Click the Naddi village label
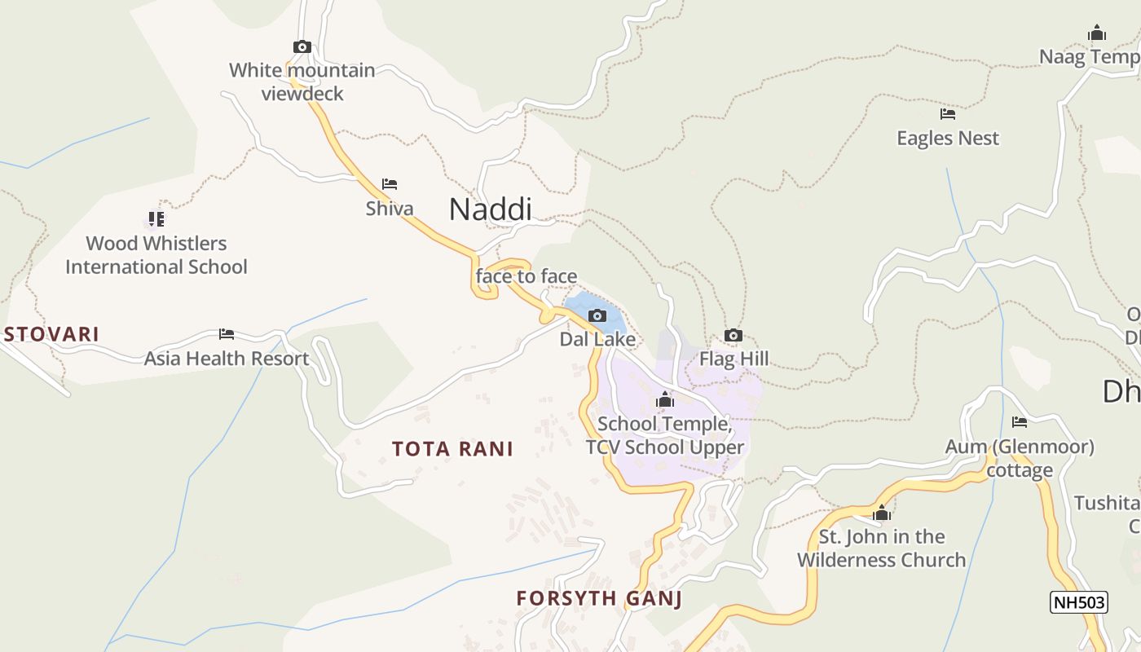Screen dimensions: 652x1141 pyautogui.click(x=490, y=209)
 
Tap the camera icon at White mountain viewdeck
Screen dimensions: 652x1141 pyautogui.click(x=302, y=47)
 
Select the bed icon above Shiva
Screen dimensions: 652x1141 pyautogui.click(x=390, y=184)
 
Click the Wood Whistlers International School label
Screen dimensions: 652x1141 pyautogui.click(x=156, y=255)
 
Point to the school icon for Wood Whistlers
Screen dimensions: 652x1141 pyautogui.click(x=156, y=218)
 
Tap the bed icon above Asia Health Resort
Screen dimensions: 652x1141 pyautogui.click(x=227, y=334)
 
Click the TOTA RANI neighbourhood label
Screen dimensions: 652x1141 pyautogui.click(x=452, y=449)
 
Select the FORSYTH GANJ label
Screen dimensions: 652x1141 pyautogui.click(x=599, y=599)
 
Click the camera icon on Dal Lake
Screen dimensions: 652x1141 pyautogui.click(x=597, y=316)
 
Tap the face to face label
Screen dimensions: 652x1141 pyautogui.click(x=526, y=276)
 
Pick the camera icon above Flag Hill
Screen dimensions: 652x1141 pyautogui.click(x=733, y=336)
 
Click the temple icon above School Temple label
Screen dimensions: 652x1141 pyautogui.click(x=665, y=400)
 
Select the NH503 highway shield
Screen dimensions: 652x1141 pyautogui.click(x=1079, y=602)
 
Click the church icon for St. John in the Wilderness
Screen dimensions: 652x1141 pyautogui.click(x=882, y=513)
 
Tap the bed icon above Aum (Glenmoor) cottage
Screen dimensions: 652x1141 pyautogui.click(x=1020, y=422)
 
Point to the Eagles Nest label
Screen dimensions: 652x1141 pyautogui.click(x=948, y=139)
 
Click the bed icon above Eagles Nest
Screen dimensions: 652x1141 pyautogui.click(x=948, y=114)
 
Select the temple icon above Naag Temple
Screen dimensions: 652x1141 pyautogui.click(x=1097, y=33)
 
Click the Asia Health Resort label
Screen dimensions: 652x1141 pyautogui.click(x=227, y=359)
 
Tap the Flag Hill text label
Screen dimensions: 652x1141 pyautogui.click(x=733, y=359)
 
